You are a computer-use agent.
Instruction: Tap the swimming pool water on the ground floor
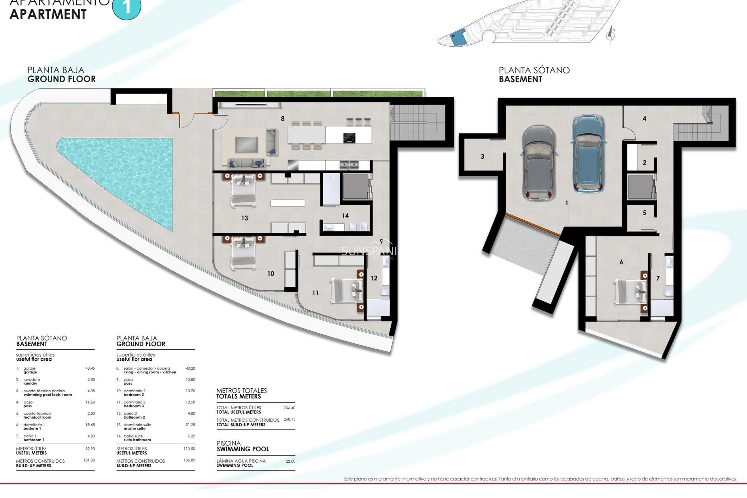(x=128, y=171)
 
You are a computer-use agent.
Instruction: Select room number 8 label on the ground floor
(x=283, y=119)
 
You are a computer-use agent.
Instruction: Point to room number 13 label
(x=244, y=218)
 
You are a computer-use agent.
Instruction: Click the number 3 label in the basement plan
(x=482, y=157)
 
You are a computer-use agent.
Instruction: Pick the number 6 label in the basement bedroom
(x=621, y=262)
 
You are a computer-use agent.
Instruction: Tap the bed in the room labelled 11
(x=346, y=290)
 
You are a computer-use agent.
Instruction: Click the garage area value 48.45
(x=90, y=368)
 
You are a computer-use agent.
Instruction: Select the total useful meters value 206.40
(x=289, y=408)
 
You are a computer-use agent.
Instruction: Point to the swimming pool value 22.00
(x=290, y=461)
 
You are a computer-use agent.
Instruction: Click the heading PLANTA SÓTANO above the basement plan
(x=534, y=70)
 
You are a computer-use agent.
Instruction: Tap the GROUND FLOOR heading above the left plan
(x=61, y=79)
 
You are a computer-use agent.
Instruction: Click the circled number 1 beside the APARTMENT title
(x=126, y=7)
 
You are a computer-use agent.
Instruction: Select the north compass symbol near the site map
(x=611, y=34)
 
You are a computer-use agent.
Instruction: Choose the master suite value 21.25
(x=190, y=425)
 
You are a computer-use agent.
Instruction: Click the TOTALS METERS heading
(x=238, y=396)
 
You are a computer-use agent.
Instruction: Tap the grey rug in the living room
(x=247, y=144)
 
